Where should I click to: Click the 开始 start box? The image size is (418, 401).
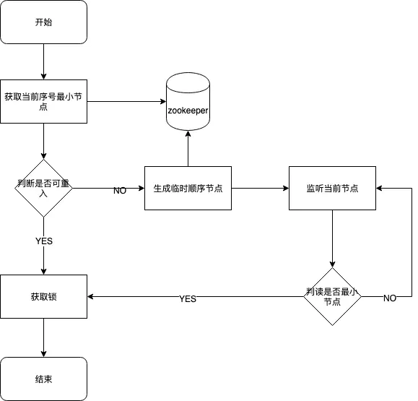click(44, 22)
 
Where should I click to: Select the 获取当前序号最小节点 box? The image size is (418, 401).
click(44, 101)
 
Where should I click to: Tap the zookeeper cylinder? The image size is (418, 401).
click(188, 101)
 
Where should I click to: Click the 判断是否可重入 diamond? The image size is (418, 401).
click(44, 188)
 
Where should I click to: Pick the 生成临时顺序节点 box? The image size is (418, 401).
click(188, 188)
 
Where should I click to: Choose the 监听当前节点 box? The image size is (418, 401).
click(332, 188)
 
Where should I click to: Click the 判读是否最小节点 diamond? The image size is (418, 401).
click(332, 296)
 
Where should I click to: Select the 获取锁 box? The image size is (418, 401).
click(44, 296)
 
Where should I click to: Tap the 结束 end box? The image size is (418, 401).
click(44, 379)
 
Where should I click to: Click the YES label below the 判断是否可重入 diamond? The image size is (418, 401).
click(44, 241)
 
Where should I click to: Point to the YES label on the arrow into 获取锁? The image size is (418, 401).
click(188, 299)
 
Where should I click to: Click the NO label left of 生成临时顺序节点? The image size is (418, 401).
click(120, 191)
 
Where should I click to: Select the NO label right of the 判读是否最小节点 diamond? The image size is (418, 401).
click(390, 298)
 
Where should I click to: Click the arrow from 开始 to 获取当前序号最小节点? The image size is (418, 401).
click(44, 61)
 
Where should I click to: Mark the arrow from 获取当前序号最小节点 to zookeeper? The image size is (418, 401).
click(126, 101)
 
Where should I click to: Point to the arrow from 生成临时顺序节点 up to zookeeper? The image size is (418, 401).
click(188, 148)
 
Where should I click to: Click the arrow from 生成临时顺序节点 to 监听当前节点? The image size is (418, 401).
click(260, 188)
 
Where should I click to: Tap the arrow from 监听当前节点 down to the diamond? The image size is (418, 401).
click(332, 238)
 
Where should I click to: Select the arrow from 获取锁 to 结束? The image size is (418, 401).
click(44, 337)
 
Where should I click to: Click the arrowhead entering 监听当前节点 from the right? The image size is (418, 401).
click(379, 188)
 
